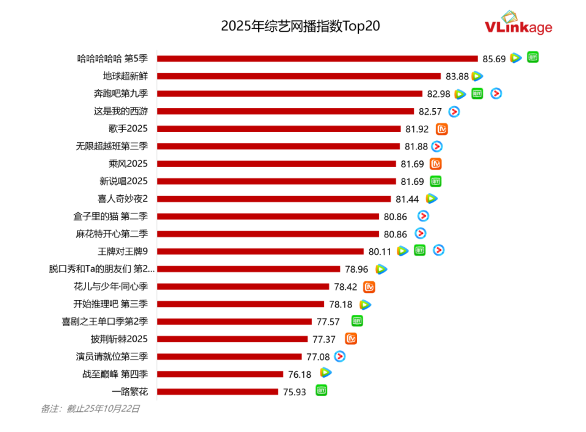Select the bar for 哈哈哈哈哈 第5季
tap(317, 59)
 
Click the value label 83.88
tap(457, 76)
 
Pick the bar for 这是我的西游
tap(286, 111)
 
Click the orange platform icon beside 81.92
tap(442, 129)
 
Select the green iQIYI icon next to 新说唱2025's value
tap(435, 181)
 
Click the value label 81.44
tap(407, 199)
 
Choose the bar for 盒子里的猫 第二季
tap(268, 216)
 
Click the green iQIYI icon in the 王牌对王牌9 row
tap(420, 250)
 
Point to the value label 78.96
tap(356, 268)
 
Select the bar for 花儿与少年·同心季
tap(243, 286)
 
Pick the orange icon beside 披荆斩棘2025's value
tap(351, 339)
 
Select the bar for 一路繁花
tap(218, 392)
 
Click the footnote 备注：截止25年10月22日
tap(90, 409)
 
